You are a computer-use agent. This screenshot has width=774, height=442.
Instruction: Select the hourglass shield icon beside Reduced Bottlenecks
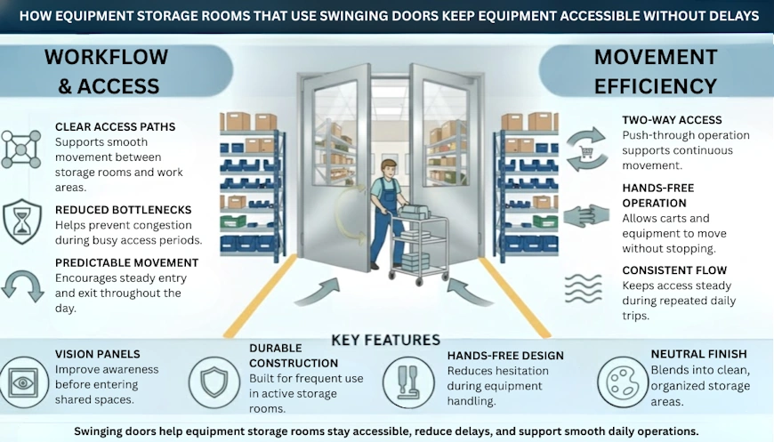coord(20,221)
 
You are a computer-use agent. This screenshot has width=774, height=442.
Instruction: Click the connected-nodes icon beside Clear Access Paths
coord(20,149)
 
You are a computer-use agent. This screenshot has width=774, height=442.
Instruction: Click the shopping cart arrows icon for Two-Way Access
coord(586,148)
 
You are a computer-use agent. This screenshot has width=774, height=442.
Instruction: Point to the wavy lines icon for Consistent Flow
coord(586,289)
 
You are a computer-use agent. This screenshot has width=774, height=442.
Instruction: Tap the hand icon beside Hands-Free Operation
coord(586,216)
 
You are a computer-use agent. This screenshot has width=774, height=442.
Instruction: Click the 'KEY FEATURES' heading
coord(385,340)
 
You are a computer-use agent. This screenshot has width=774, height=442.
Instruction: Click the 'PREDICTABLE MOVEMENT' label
coord(126,262)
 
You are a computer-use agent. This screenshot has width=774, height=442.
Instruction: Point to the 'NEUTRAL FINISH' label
coord(700,353)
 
